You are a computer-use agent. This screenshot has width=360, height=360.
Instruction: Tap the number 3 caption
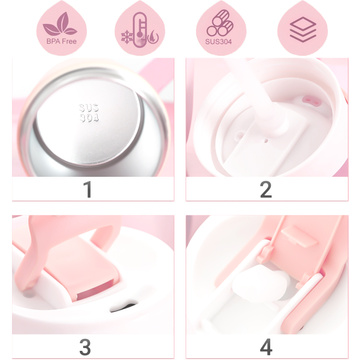click(88, 346)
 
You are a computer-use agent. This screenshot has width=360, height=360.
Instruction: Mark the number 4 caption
click(265, 346)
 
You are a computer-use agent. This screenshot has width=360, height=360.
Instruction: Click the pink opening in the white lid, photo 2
click(311, 101)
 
